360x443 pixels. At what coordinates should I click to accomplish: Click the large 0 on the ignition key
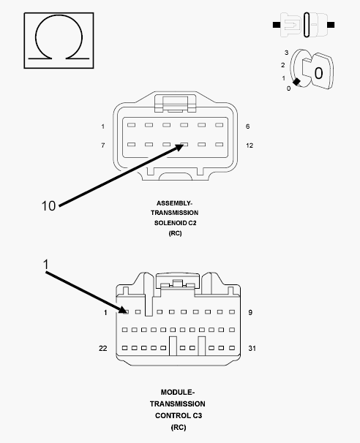point(318,73)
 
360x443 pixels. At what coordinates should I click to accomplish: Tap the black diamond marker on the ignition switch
point(296,82)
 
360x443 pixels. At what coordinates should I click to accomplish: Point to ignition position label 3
point(287,53)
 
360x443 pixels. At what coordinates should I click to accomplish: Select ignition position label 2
point(282,65)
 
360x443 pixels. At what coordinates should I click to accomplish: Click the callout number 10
point(48,206)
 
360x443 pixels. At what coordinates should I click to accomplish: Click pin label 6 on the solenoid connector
point(247,126)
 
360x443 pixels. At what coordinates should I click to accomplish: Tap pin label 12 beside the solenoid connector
point(250,145)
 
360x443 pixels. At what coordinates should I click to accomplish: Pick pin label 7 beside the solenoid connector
point(103,145)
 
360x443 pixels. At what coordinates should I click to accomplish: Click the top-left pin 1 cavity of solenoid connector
point(131,125)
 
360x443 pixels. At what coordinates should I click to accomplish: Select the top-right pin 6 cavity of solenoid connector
point(220,125)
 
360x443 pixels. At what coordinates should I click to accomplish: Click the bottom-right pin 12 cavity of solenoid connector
point(220,144)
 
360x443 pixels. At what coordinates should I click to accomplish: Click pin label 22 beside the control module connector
point(103,349)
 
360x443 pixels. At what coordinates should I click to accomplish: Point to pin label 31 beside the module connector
point(252,349)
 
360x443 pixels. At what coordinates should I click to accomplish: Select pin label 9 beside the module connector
point(250,312)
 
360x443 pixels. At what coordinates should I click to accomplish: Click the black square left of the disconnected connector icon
point(277,25)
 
